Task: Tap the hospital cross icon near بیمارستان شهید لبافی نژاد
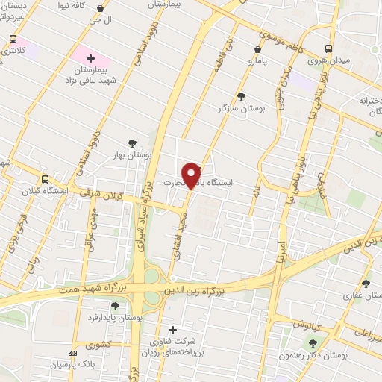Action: pos(90,57)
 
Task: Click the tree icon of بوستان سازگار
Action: pos(241,95)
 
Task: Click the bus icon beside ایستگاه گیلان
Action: pos(46,179)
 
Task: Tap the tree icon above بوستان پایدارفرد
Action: pos(115,306)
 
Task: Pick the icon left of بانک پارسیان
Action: pos(72,353)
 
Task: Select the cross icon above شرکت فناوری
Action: pos(172,329)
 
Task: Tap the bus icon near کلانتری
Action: pos(13,39)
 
